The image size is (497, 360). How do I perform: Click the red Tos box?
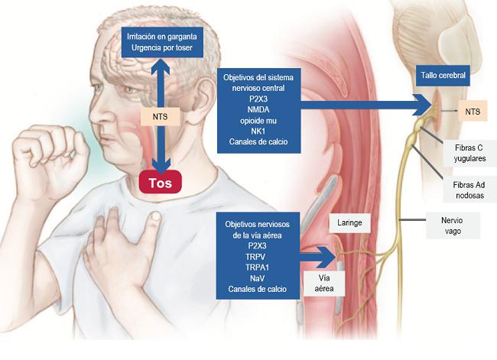click(x=161, y=183)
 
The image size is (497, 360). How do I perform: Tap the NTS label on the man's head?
click(x=161, y=117)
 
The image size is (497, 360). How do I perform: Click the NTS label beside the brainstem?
click(x=473, y=112)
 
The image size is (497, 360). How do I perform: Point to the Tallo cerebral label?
click(x=442, y=75)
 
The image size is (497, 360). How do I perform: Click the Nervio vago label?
click(x=453, y=224)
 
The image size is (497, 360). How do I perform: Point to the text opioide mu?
click(x=258, y=120)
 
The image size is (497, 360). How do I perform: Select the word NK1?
click(x=258, y=130)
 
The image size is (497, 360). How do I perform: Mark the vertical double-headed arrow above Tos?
click(x=161, y=84)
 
